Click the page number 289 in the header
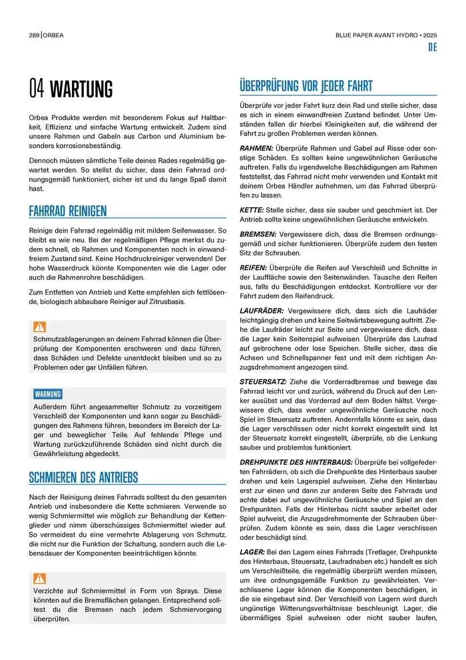[x=33, y=35]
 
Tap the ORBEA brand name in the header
[x=54, y=35]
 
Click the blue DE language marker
[x=432, y=48]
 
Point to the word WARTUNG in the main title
[x=82, y=89]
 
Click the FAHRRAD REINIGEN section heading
[x=68, y=211]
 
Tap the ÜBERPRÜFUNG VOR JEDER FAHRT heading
[x=306, y=87]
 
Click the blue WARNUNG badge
[x=48, y=394]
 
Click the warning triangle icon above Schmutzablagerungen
[x=40, y=327]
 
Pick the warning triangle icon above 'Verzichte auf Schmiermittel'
[x=40, y=578]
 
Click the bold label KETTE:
[x=252, y=209]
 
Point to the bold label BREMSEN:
[x=258, y=235]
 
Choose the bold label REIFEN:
[x=253, y=267]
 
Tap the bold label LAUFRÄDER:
[x=262, y=311]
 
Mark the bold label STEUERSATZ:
[x=263, y=381]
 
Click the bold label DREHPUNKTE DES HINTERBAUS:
[x=296, y=461]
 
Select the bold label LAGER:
[x=252, y=553]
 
